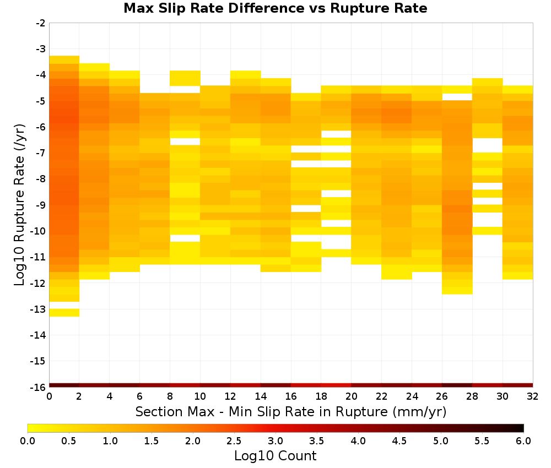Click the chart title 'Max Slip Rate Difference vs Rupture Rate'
click(x=275, y=8)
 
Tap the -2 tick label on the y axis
click(x=41, y=23)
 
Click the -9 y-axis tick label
click(x=41, y=205)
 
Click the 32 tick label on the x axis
click(x=533, y=397)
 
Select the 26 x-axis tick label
click(x=442, y=397)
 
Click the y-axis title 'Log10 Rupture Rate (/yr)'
click(x=20, y=205)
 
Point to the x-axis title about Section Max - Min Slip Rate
click(x=291, y=412)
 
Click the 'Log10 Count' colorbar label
click(x=275, y=456)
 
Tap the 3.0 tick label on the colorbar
click(x=275, y=440)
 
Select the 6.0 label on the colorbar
click(x=523, y=440)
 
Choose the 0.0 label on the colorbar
click(x=28, y=440)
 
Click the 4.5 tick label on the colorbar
click(x=399, y=440)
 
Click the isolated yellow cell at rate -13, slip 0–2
click(x=64, y=313)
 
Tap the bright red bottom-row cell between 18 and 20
click(x=336, y=385)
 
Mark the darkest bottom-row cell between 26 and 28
click(x=457, y=385)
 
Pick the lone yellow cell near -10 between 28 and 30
click(x=488, y=231)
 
